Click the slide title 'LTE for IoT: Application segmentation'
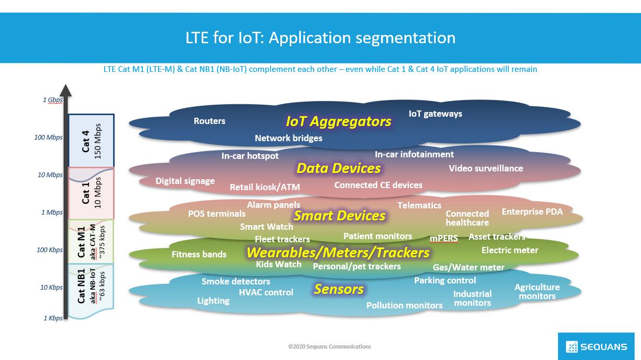(x=320, y=38)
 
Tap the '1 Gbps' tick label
(x=53, y=100)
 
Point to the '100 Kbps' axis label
(x=50, y=250)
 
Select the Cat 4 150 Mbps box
(x=91, y=141)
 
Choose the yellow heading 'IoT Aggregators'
(x=338, y=121)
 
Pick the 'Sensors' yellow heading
(x=339, y=289)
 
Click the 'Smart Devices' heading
(x=339, y=216)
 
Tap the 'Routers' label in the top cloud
(x=209, y=121)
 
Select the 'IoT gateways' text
(x=435, y=114)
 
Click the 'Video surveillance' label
(x=486, y=168)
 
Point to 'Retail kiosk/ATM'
(x=265, y=187)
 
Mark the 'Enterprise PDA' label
(x=532, y=212)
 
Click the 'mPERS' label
(x=443, y=239)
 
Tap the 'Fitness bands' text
(x=199, y=254)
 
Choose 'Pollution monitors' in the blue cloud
(x=404, y=305)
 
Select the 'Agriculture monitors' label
(x=537, y=291)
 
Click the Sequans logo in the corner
(x=596, y=346)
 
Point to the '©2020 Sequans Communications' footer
(x=329, y=346)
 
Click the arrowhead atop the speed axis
(x=66, y=91)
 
